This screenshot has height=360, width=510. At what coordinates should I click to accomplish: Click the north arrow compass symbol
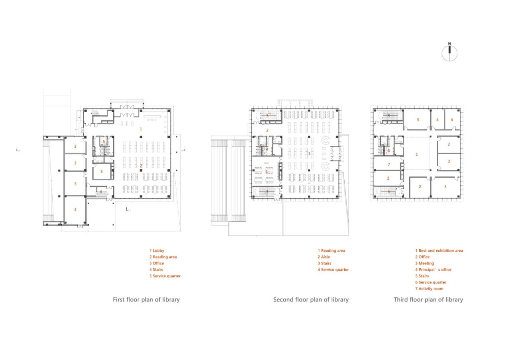[449, 53]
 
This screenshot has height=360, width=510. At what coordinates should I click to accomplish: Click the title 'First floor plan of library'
[146, 299]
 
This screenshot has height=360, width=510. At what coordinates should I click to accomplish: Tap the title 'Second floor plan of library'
[311, 299]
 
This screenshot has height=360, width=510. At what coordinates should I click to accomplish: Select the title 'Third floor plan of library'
[428, 299]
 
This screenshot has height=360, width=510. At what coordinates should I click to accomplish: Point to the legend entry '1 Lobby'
[157, 250]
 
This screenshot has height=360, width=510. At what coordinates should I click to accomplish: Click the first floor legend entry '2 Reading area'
[163, 257]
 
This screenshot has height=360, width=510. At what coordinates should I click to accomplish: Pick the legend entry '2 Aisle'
[324, 257]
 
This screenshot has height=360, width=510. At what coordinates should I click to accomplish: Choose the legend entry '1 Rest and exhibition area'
[439, 250]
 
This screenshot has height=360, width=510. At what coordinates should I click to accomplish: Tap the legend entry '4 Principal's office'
[433, 270]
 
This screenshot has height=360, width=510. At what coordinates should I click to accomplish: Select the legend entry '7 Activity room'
[429, 289]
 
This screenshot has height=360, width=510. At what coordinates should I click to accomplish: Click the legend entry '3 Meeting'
[424, 263]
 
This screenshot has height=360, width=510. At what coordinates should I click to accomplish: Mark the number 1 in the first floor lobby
[141, 129]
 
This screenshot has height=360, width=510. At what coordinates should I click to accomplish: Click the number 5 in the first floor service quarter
[104, 142]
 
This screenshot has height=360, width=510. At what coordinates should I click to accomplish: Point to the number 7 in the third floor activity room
[389, 164]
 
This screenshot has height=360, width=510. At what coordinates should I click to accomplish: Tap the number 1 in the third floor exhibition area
[417, 154]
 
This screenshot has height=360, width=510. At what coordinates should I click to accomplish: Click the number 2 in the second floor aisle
[267, 130]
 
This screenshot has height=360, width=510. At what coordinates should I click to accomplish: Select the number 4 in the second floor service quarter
[267, 149]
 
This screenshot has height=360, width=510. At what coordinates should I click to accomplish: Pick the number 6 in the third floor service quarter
[389, 151]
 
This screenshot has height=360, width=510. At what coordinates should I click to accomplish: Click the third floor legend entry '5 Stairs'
[422, 276]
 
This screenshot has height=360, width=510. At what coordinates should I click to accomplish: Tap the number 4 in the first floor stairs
[101, 192]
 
